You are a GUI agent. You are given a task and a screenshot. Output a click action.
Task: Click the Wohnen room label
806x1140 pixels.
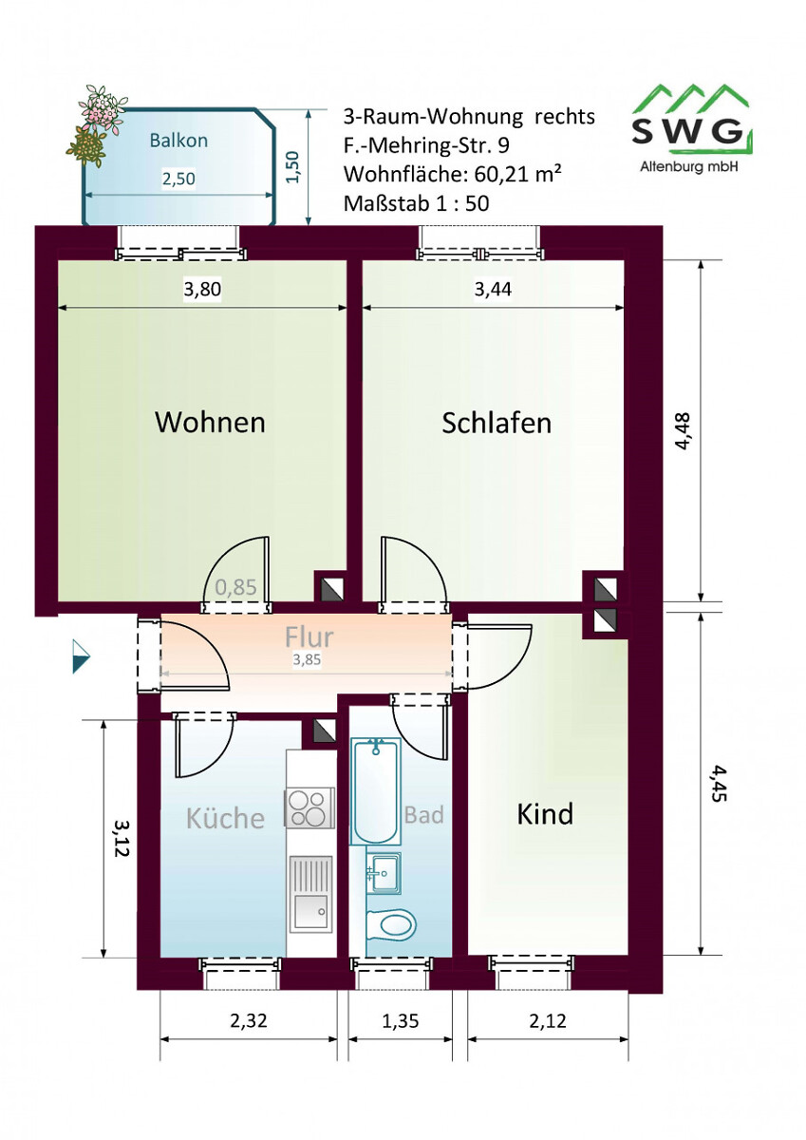[210, 422]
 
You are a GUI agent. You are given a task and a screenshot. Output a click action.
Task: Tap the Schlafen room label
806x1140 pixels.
[497, 423]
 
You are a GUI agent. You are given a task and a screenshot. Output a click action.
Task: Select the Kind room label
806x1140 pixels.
[545, 813]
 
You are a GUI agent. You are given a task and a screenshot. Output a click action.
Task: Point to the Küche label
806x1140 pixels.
[225, 817]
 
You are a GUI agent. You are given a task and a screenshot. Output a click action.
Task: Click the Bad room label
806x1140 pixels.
[423, 815]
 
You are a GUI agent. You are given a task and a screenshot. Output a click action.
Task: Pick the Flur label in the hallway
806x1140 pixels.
[309, 636]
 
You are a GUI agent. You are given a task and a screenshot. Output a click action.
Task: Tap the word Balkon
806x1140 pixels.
[178, 140]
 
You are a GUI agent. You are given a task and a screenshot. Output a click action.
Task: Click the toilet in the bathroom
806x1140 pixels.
[391, 923]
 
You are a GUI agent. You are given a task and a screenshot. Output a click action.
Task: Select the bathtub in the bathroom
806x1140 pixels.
[375, 792]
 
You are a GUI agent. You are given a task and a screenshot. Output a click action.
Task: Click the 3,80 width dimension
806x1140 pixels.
[202, 289]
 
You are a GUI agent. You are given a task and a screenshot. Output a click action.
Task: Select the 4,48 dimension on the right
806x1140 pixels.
[682, 430]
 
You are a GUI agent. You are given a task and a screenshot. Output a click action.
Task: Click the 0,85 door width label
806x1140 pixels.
[235, 587]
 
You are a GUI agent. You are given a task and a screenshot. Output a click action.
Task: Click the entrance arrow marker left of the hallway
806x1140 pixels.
[81, 656]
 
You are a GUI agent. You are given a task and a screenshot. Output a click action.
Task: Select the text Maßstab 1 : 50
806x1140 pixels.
[417, 203]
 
